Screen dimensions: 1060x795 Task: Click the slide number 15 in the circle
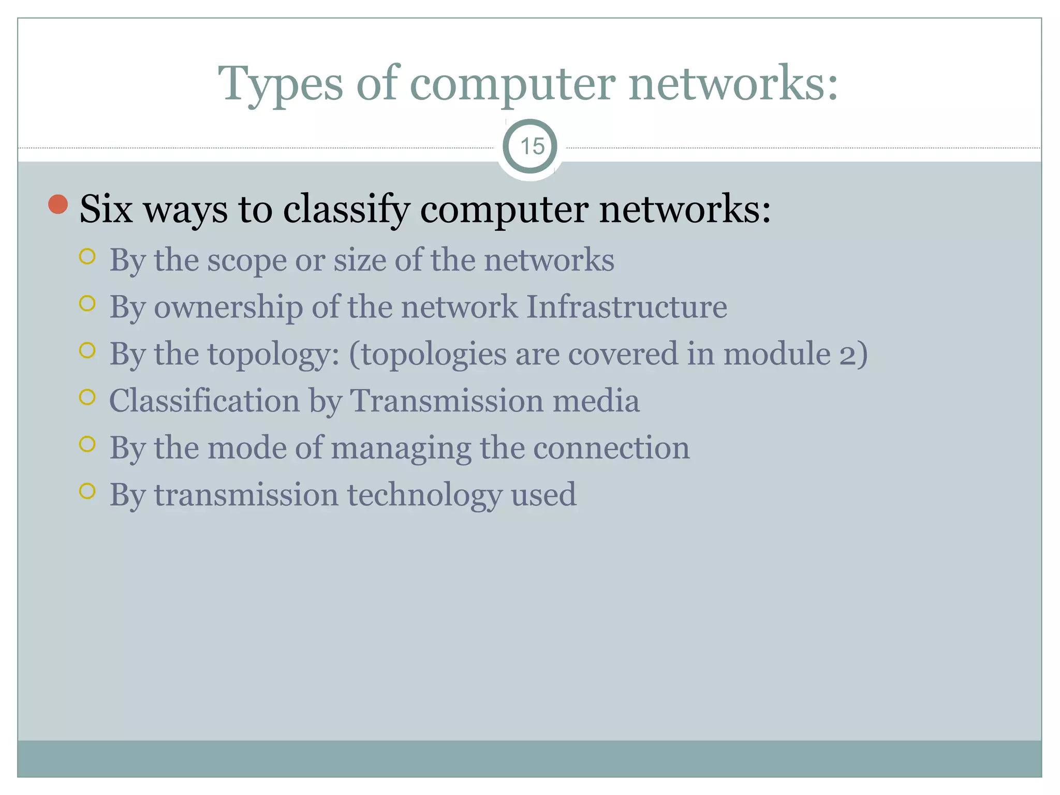coord(532,146)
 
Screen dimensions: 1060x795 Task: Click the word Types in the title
coord(280,84)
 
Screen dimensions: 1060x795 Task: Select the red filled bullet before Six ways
coord(58,204)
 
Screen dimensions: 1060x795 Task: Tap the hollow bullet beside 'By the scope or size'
coord(87,257)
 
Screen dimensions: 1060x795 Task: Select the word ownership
coord(228,307)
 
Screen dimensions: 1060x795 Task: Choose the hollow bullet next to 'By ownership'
coord(87,303)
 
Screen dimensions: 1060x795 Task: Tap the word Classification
coord(204,401)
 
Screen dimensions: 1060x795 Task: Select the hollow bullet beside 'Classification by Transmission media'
coord(87,397)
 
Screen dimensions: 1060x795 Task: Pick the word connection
coord(611,448)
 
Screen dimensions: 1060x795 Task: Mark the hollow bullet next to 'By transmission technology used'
coord(87,491)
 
